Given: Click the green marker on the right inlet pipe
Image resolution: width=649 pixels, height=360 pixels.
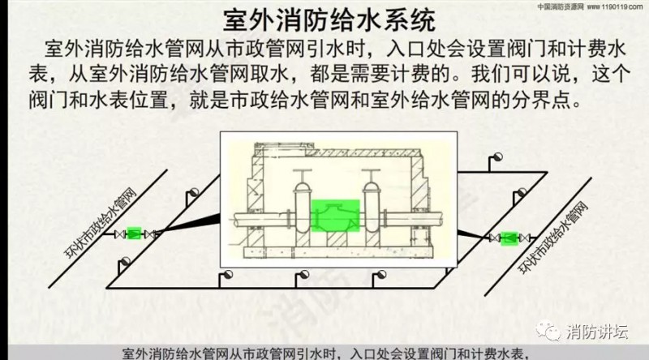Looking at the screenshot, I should [509, 238].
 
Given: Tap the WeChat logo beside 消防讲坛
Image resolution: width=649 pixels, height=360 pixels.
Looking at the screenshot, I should [552, 331].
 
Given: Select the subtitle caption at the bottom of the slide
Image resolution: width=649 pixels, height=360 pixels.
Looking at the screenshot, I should [324, 353].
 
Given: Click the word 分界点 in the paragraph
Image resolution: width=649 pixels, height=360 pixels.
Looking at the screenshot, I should [557, 104].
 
